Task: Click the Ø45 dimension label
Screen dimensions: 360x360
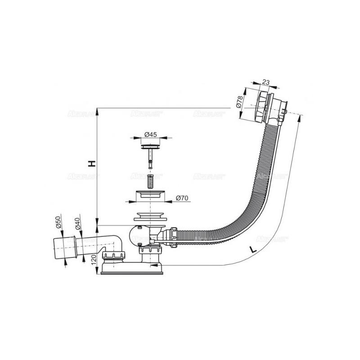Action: pos(151,134)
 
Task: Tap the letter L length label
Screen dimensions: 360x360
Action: pos(253,249)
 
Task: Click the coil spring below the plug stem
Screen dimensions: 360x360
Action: pos(152,180)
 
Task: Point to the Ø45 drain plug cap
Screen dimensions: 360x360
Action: pos(151,146)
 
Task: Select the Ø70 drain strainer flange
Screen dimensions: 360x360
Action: pos(151,196)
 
